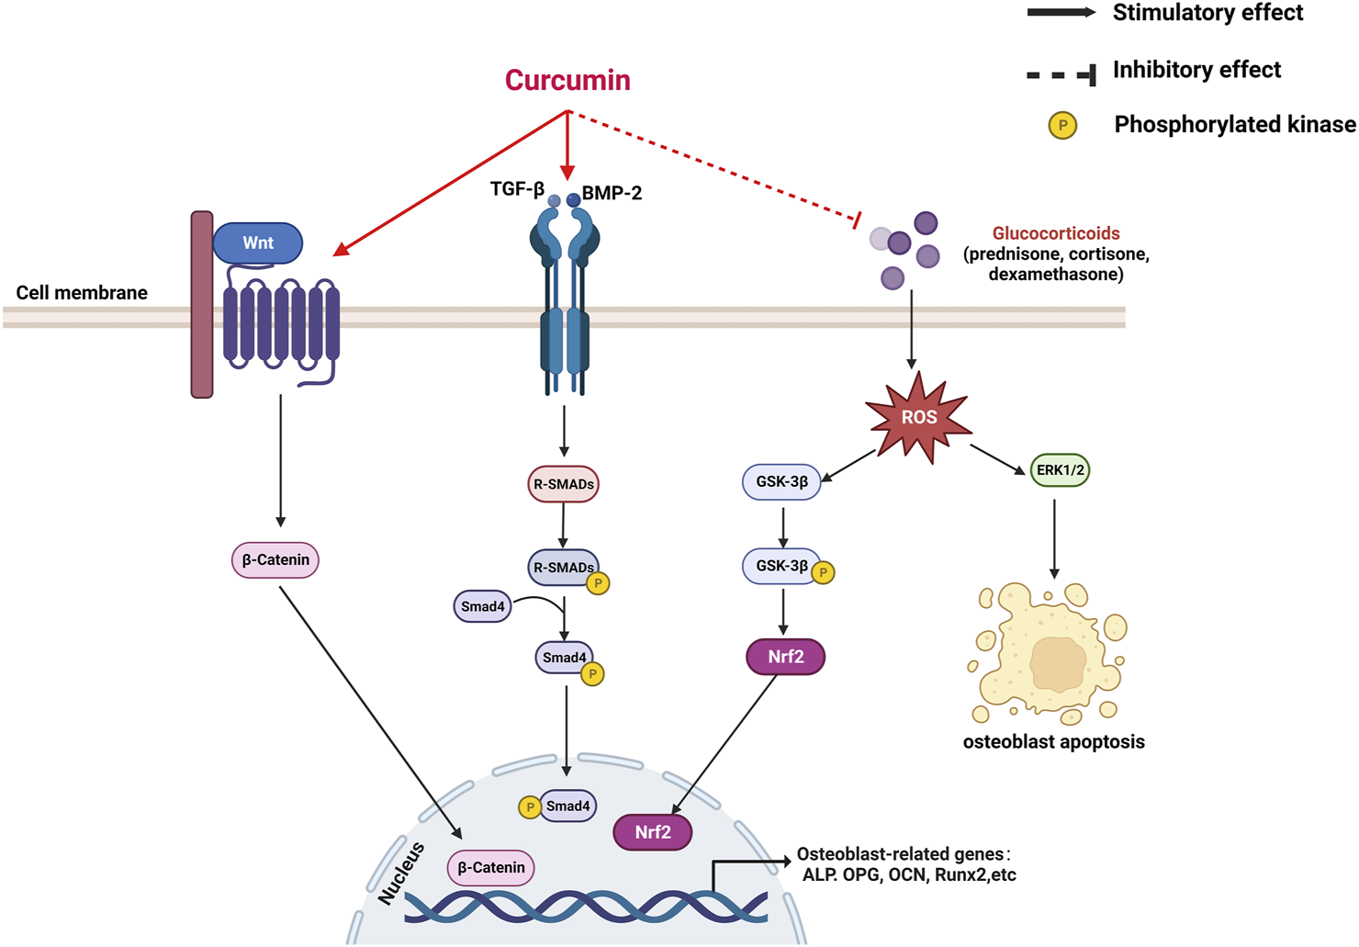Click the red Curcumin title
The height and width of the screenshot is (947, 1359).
click(x=567, y=80)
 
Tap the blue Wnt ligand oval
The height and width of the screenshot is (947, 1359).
click(x=258, y=243)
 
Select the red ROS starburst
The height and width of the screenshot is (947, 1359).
click(x=919, y=418)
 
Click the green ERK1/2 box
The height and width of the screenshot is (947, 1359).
click(x=1060, y=470)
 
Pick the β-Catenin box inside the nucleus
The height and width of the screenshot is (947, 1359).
click(x=491, y=867)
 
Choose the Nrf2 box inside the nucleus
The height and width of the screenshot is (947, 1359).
click(x=653, y=832)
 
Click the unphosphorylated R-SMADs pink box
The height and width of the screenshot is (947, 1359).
click(x=563, y=484)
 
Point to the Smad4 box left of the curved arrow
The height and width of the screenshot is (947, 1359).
click(x=482, y=606)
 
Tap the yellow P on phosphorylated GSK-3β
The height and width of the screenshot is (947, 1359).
click(x=823, y=573)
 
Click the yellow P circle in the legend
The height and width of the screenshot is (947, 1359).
click(x=1062, y=126)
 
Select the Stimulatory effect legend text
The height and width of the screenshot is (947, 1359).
click(x=1207, y=13)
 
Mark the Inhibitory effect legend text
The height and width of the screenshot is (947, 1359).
click(x=1196, y=70)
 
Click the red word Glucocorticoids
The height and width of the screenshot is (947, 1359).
click(x=1056, y=234)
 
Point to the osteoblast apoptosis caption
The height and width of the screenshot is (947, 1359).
click(x=1053, y=742)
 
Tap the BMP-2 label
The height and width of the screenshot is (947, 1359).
click(x=612, y=193)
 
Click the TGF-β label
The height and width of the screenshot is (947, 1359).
click(x=517, y=189)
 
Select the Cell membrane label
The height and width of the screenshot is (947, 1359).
click(x=82, y=293)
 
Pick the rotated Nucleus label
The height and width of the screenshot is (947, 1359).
click(x=402, y=874)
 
